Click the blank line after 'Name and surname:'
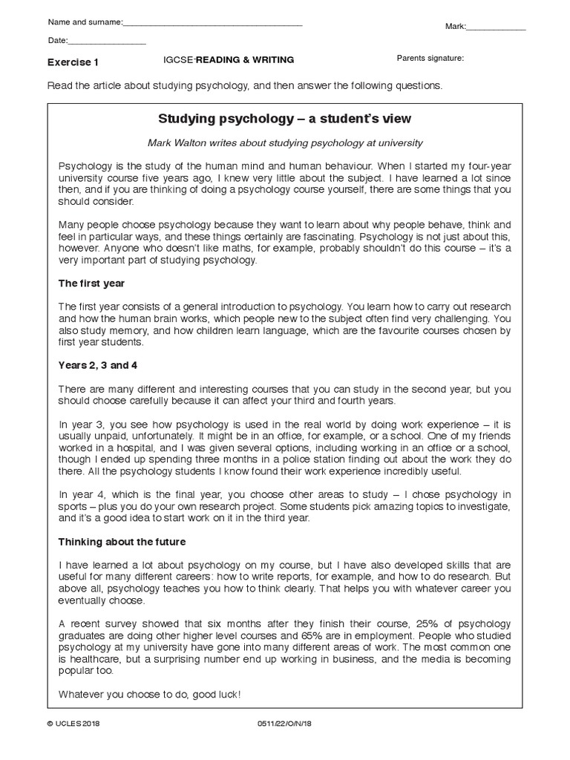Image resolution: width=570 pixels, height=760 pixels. tap(212, 24)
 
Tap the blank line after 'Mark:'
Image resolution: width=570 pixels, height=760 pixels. tap(496, 29)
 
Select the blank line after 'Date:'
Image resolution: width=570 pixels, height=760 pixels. tap(107, 43)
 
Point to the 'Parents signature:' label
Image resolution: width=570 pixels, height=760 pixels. tap(430, 59)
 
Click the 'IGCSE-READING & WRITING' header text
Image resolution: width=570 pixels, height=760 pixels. tap(229, 60)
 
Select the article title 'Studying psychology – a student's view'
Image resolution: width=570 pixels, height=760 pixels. tap(284, 119)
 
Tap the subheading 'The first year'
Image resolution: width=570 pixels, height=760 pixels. tap(92, 283)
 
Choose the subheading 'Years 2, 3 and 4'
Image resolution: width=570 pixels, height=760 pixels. tap(98, 364)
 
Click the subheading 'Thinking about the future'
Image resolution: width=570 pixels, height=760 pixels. tap(122, 542)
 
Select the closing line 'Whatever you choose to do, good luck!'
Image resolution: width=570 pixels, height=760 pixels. tap(150, 694)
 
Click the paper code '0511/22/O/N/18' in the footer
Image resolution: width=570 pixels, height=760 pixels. tap(282, 745)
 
